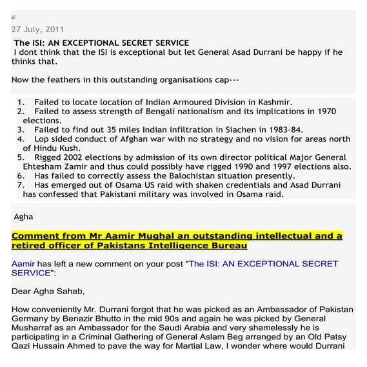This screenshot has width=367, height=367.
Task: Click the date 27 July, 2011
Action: [x=37, y=29]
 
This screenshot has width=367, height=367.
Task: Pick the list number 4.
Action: [x=21, y=139]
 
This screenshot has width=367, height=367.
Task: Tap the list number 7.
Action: [x=21, y=184]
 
